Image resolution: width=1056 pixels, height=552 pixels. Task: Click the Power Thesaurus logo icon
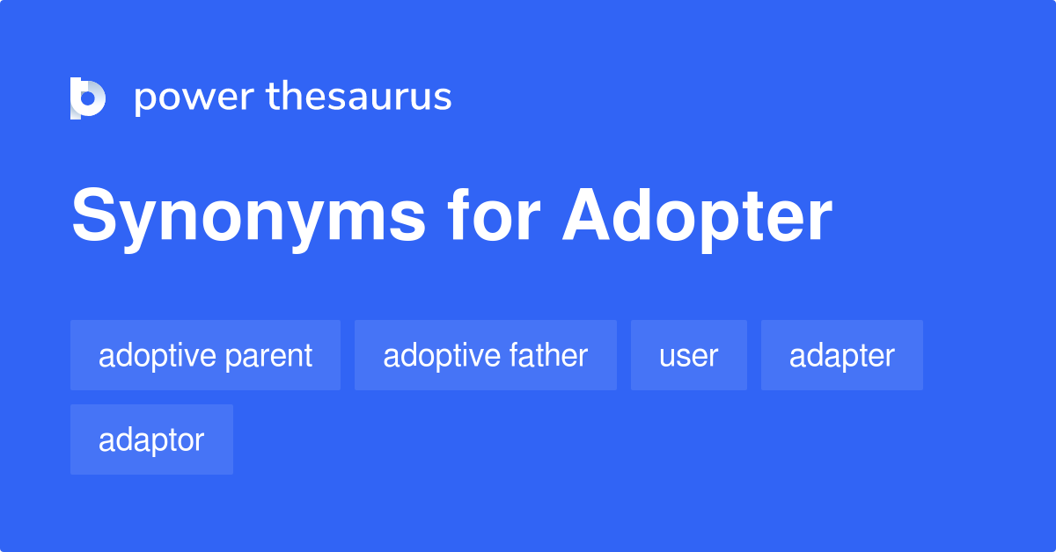coord(88,98)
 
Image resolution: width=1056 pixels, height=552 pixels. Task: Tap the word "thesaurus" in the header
coord(359,98)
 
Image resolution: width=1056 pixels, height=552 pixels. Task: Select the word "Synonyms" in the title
coord(249,217)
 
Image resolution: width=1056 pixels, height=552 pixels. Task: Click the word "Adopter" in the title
coord(697,217)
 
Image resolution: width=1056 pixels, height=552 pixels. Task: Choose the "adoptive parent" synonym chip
coord(205,355)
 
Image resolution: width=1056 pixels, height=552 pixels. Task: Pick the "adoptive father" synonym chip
coord(485,355)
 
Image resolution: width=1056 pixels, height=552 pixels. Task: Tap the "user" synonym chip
coord(688,355)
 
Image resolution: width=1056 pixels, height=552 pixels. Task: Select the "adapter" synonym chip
coord(841,355)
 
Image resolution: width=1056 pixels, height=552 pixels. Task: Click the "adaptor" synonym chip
coord(151,439)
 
